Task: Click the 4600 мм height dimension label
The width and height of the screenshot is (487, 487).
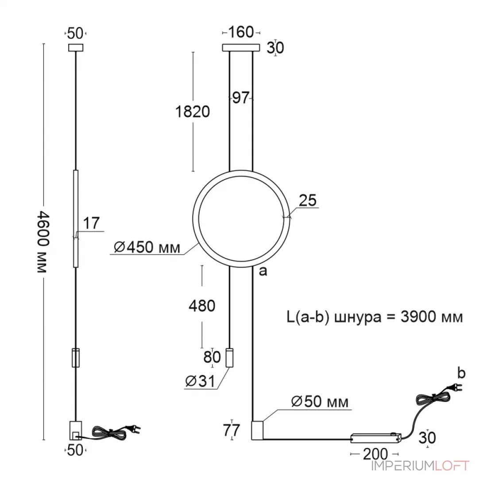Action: pos(43,242)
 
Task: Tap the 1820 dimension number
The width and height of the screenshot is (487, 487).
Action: pos(193,112)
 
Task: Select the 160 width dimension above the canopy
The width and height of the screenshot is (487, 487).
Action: pos(241,32)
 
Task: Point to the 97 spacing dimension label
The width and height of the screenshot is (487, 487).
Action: pos(241,98)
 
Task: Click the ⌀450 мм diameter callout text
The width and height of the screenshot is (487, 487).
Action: pos(147,247)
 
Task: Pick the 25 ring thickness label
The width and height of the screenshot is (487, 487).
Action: pos(308,200)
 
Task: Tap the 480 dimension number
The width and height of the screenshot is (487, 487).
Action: pos(202,306)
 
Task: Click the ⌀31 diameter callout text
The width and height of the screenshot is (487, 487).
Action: pos(200,381)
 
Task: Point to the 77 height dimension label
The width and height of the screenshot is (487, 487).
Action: pos(232,430)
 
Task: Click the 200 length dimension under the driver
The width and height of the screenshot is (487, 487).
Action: pos(375,454)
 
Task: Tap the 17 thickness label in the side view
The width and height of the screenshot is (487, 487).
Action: pos(91,223)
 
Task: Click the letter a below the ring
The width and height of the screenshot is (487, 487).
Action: pos(263,271)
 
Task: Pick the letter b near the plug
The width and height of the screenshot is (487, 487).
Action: pos(461,373)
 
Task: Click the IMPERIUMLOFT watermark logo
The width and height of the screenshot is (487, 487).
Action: pos(420,466)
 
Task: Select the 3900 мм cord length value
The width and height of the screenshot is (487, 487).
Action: pos(432,317)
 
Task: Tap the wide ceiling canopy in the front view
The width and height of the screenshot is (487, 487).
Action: pos(241,47)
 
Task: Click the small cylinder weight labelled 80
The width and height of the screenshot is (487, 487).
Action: pos(229,357)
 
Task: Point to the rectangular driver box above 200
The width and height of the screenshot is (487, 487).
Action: pos(376,438)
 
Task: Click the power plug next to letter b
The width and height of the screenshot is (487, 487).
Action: pos(455,387)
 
